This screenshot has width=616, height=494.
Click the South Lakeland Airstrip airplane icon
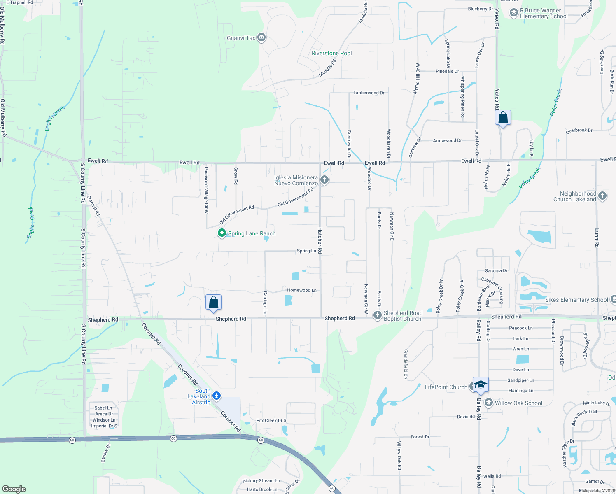(217, 396)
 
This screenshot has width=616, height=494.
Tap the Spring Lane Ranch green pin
(222, 233)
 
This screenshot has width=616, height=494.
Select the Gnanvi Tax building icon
(261, 38)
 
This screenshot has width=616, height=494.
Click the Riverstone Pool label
(331, 53)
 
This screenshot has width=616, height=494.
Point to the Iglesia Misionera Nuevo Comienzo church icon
(324, 180)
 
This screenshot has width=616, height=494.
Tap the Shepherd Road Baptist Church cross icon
(377, 315)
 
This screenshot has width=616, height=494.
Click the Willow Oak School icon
(489, 403)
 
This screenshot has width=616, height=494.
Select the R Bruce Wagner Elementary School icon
(513, 13)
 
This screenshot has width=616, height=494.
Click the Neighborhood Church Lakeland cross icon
(602, 196)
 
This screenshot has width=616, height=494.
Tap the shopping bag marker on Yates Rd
(503, 118)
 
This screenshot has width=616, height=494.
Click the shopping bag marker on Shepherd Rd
(213, 303)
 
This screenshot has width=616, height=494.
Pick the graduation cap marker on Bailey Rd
(481, 384)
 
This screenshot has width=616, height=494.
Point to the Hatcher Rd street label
(320, 240)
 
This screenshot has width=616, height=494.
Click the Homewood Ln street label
(302, 290)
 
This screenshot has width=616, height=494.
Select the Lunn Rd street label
(597, 238)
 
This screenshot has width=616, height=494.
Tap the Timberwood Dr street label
(369, 93)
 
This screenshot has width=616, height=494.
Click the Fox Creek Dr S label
(271, 420)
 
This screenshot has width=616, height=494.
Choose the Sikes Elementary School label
(576, 300)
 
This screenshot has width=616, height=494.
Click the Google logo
(14, 489)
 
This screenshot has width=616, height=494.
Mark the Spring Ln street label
(306, 251)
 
